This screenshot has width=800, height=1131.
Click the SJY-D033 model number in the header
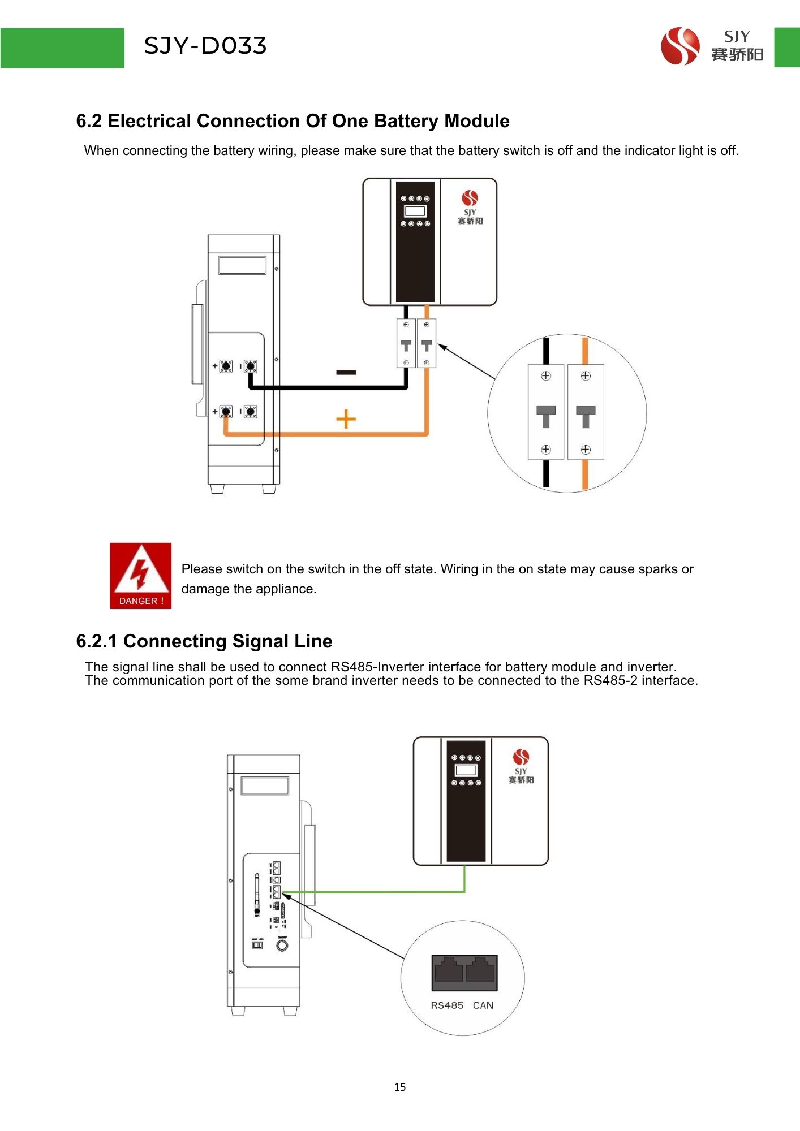[x=205, y=46]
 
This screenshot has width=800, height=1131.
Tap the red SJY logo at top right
[x=680, y=46]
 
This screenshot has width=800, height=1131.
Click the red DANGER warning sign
[x=140, y=576]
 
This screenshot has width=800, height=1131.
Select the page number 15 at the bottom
[x=400, y=1087]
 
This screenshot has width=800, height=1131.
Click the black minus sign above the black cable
[x=346, y=372]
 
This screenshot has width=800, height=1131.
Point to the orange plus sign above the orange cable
[x=346, y=419]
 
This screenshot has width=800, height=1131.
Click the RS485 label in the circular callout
[x=447, y=1005]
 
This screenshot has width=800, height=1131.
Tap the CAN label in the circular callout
[x=483, y=1005]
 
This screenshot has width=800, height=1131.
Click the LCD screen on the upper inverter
[x=415, y=211]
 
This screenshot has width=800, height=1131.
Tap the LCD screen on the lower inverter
[x=466, y=770]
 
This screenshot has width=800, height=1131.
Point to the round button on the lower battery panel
[x=282, y=945]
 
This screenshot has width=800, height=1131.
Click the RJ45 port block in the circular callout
[x=464, y=973]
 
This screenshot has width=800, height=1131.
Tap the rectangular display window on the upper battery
[x=242, y=265]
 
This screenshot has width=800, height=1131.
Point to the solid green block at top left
[x=62, y=48]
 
